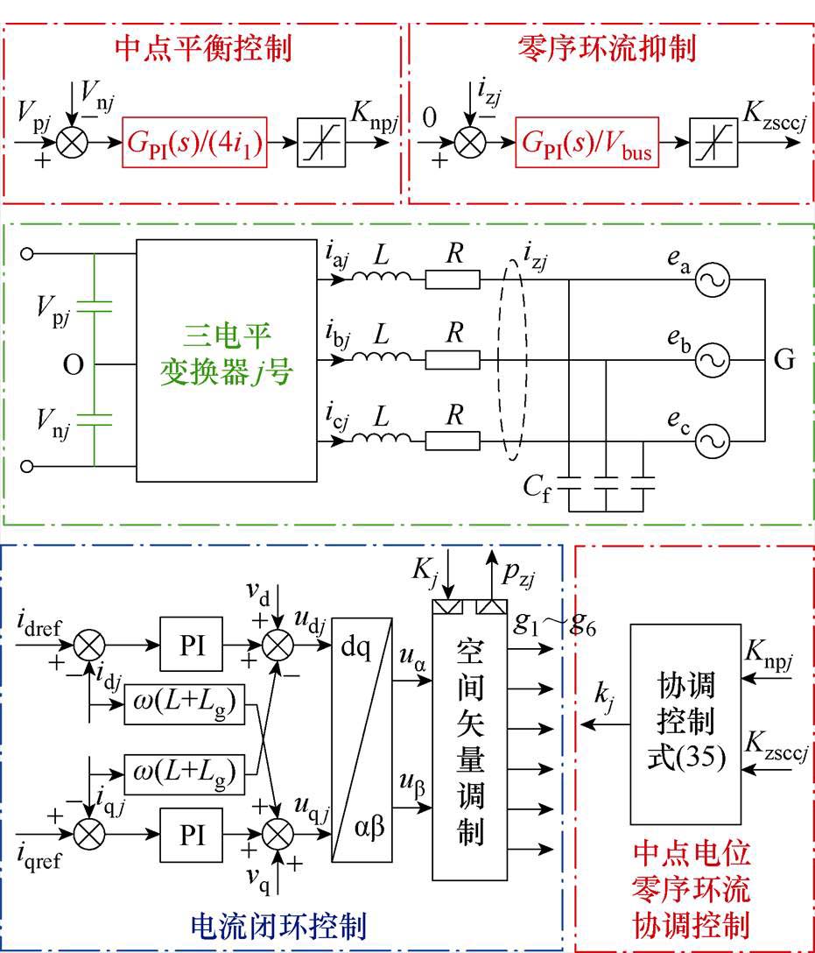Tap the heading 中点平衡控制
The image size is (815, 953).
[x=203, y=48]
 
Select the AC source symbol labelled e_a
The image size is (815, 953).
[x=713, y=281]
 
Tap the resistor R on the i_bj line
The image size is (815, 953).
[x=453, y=360]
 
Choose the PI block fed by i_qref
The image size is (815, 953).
[x=192, y=834]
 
